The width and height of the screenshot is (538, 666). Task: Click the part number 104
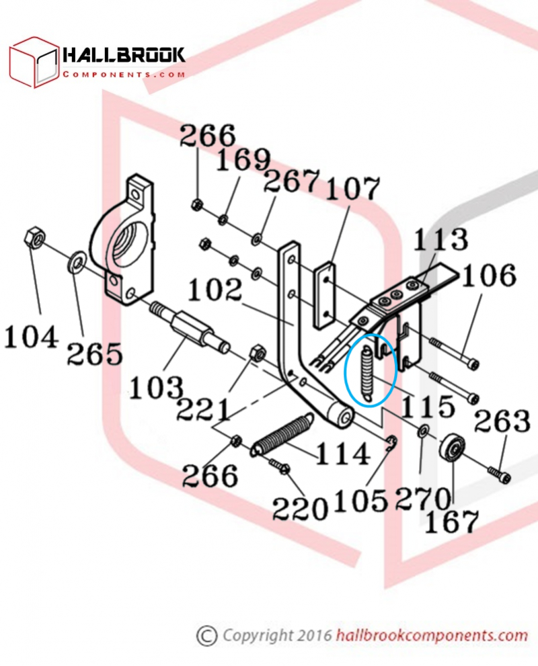[x=31, y=335]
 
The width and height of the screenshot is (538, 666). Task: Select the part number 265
[x=95, y=352]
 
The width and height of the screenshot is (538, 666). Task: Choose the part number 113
[x=440, y=240]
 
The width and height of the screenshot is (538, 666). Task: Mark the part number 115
[x=428, y=406]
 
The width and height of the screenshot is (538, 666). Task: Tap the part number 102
[x=215, y=290]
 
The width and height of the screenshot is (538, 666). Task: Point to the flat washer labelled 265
[x=75, y=259]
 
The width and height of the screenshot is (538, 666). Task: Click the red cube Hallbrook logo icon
[x=34, y=63]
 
